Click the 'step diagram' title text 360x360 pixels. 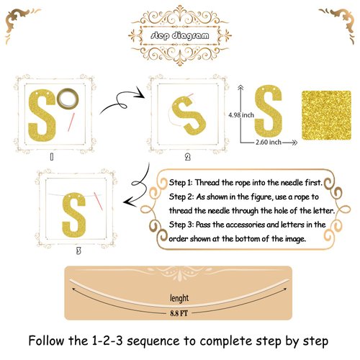pyautogui.click(x=180, y=35)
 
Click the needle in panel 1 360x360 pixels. pyautogui.click(x=71, y=122)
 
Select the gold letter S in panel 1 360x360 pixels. pyautogui.click(x=42, y=115)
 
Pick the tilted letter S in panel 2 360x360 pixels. pyautogui.click(x=189, y=115)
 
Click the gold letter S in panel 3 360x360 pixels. pyautogui.click(x=74, y=215)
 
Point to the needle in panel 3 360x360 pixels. pyautogui.click(x=99, y=201)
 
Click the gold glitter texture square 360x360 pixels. pyautogui.click(x=326, y=115)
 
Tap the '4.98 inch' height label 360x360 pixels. pyautogui.click(x=241, y=115)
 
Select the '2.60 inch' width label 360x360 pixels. pyautogui.click(x=269, y=142)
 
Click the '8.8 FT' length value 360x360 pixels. pyautogui.click(x=179, y=313)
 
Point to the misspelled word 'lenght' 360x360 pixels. pyautogui.click(x=179, y=298)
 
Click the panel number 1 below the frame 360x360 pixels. pyautogui.click(x=52, y=157)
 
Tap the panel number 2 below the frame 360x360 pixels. pyautogui.click(x=188, y=157)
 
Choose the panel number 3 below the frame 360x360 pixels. pyautogui.click(x=78, y=251)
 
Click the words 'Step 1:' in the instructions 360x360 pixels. pyautogui.click(x=181, y=183)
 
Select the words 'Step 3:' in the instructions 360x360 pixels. pyautogui.click(x=181, y=225)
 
